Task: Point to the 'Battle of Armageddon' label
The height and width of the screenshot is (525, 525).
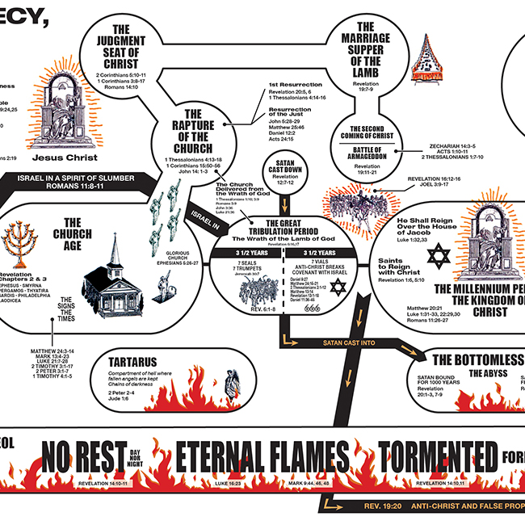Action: [x=372, y=152]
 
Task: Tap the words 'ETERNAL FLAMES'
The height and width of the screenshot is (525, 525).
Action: [x=262, y=457]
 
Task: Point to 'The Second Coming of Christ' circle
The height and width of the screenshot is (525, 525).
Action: [x=372, y=131]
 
